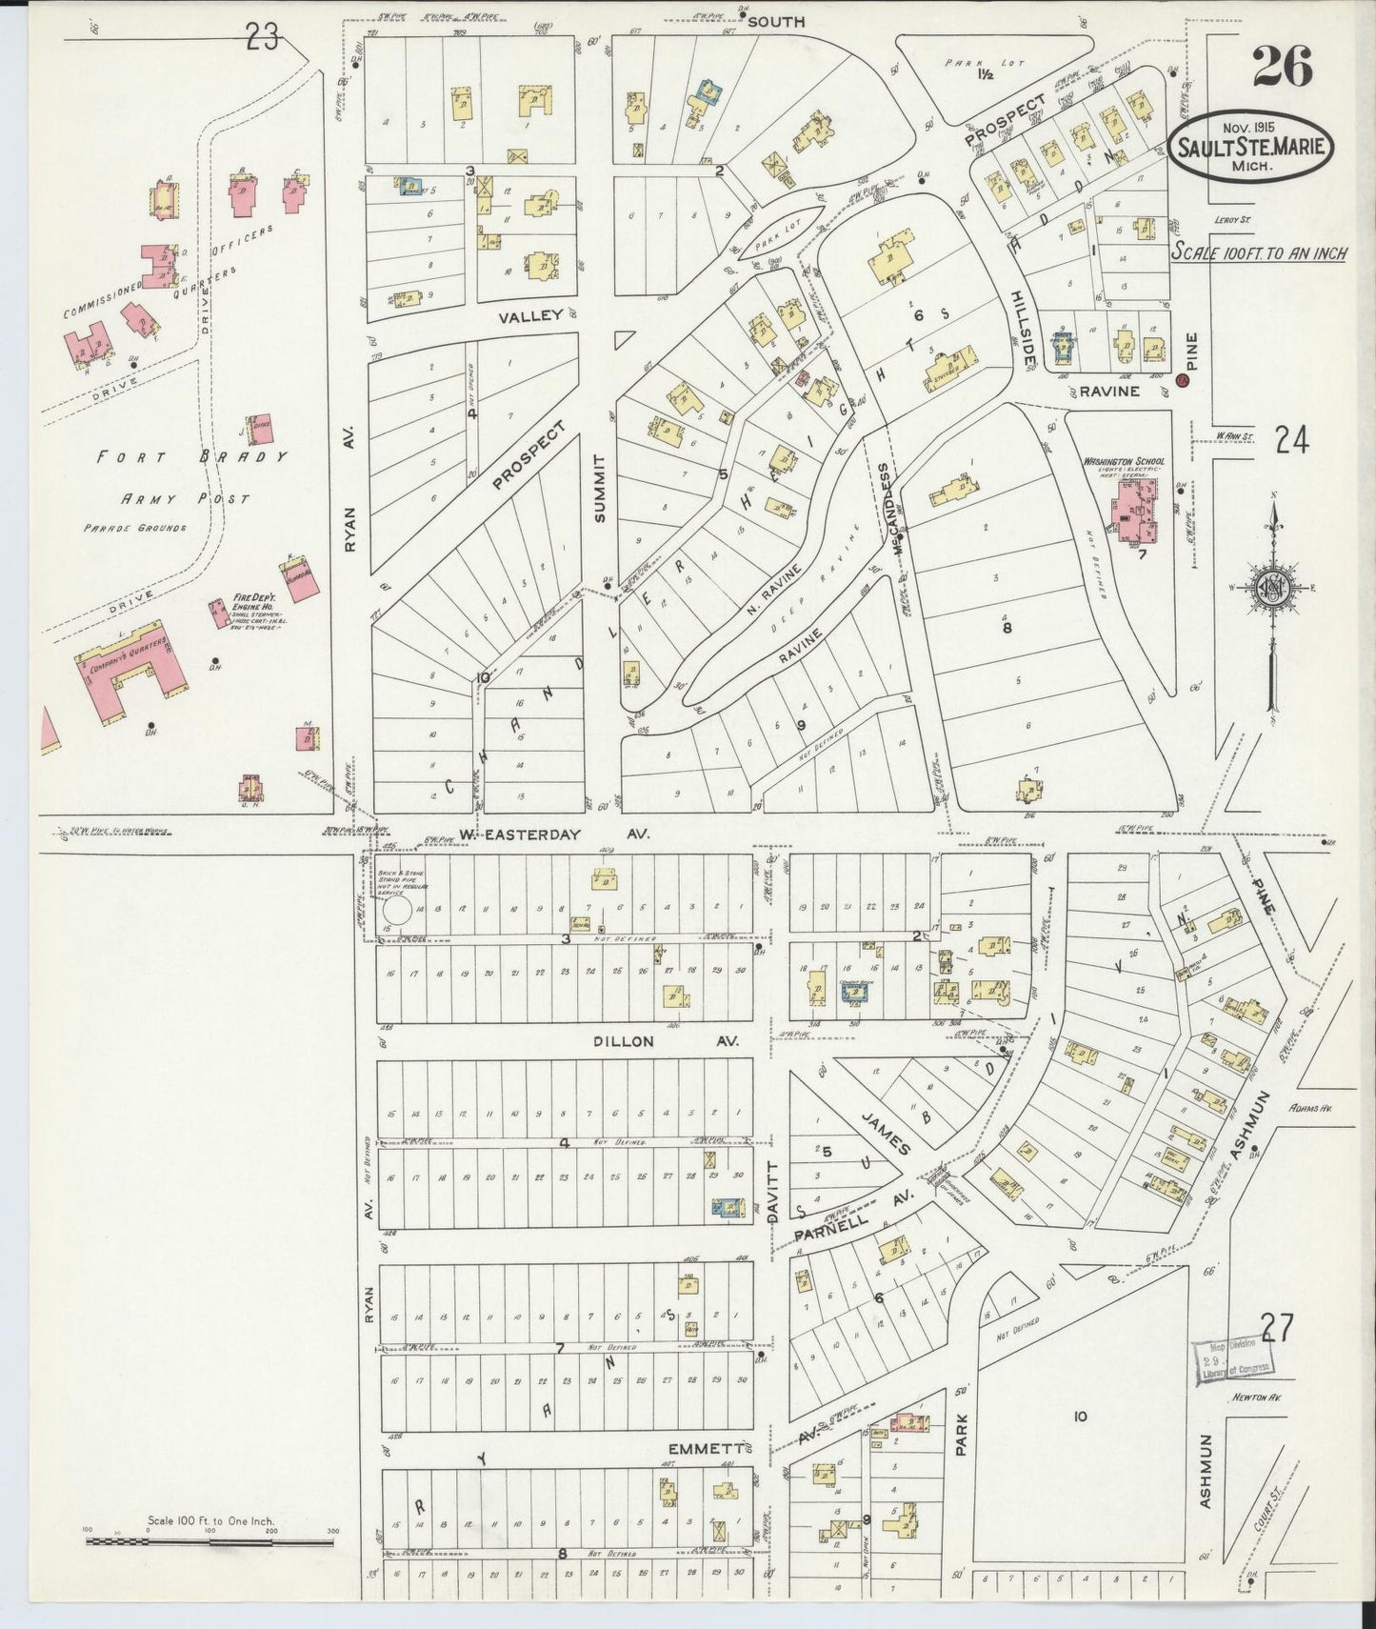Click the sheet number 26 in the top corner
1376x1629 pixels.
1282,67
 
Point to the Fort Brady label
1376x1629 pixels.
190,457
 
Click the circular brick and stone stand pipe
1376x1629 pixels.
396,911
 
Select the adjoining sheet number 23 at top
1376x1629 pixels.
261,38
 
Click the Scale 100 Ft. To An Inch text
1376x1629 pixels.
1258,253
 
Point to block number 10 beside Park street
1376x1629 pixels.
1079,1417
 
